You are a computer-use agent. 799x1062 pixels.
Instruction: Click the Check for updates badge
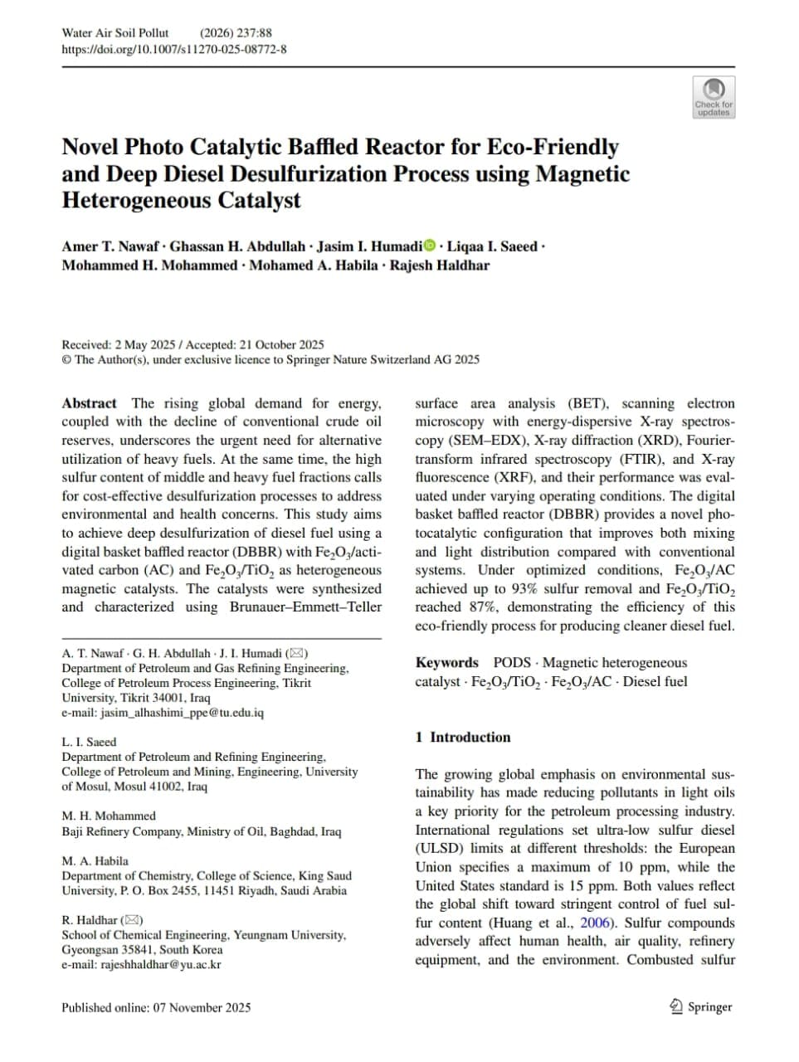[x=713, y=96]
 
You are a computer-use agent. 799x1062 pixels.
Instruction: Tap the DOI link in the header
[x=174, y=49]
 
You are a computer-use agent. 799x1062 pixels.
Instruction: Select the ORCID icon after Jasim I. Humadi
[x=430, y=246]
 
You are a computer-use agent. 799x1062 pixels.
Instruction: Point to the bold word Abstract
[x=89, y=403]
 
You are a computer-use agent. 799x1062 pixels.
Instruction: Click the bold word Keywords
[x=446, y=662]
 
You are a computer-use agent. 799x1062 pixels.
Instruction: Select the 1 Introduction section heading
[x=462, y=737]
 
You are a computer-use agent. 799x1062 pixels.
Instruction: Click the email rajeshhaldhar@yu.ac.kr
[x=161, y=964]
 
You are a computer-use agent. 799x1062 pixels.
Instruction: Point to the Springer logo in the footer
[x=700, y=1006]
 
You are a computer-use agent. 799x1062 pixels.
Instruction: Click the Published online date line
[x=156, y=1007]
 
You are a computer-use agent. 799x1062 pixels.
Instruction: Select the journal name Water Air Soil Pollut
[x=114, y=33]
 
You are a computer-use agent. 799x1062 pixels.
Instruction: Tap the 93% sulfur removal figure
[x=524, y=588]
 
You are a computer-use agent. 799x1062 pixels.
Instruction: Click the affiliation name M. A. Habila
[x=95, y=860]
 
